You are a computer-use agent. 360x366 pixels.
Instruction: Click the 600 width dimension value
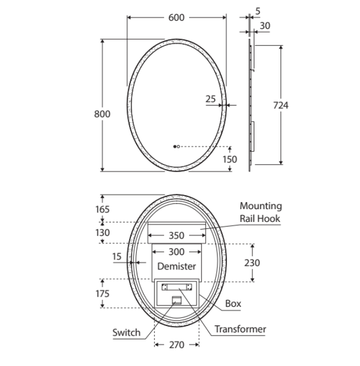(x=176, y=18)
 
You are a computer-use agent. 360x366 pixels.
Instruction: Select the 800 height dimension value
(x=102, y=114)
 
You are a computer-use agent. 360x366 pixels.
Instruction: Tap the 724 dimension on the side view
(x=280, y=106)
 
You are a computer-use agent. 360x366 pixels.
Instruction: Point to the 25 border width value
(x=210, y=99)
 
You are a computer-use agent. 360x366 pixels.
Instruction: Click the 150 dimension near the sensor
(x=230, y=160)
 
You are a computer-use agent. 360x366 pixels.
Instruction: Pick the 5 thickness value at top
(x=257, y=11)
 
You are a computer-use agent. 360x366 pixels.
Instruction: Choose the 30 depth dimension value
(x=265, y=26)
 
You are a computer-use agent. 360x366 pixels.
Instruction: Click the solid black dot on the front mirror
(x=175, y=147)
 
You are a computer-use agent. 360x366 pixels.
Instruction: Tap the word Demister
(x=177, y=266)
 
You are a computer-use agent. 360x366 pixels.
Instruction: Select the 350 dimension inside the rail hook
(x=176, y=236)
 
